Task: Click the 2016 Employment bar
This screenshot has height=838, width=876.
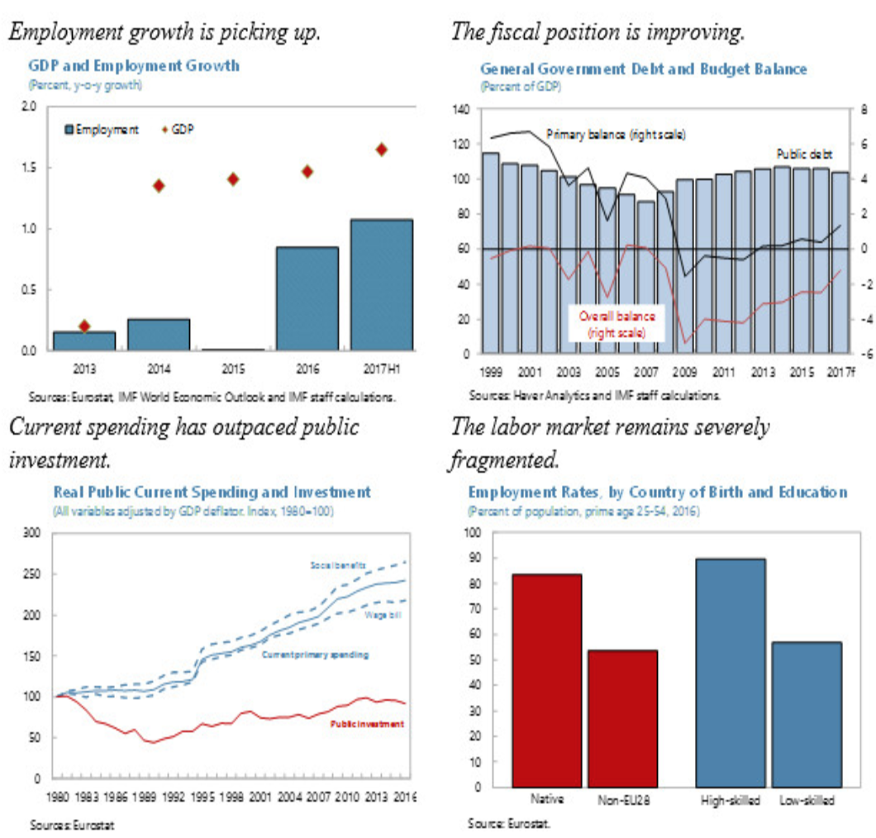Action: pos(307,298)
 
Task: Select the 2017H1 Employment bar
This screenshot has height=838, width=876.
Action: pos(381,284)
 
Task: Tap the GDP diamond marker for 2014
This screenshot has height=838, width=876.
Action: pos(159,185)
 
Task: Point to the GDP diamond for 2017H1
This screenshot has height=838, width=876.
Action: pos(381,150)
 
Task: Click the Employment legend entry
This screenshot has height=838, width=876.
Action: pos(101,130)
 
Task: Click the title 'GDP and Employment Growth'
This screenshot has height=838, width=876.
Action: pos(134,65)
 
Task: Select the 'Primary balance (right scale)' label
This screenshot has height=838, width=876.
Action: pos(615,134)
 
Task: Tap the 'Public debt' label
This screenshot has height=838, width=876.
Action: pos(803,154)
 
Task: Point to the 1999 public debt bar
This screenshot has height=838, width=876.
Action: pos(490,251)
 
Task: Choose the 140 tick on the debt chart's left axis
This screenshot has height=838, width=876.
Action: pos(460,109)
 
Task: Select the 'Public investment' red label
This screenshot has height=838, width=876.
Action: pos(367,724)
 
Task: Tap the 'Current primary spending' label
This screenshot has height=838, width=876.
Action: pos(315,655)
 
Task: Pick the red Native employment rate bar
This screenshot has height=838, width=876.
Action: pos(546,679)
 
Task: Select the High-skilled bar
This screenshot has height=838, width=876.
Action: pos(730,672)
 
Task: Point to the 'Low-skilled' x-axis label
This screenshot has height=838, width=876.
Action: pos(806,801)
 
